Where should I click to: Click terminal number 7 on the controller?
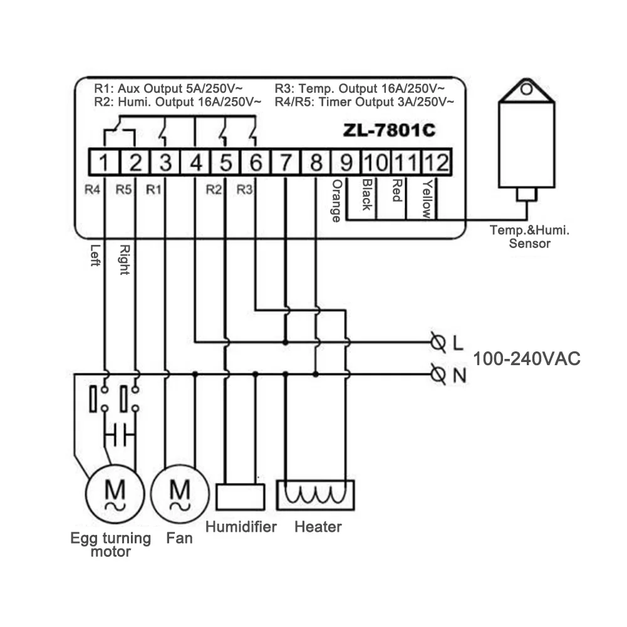coord(286,163)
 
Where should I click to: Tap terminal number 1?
coord(105,163)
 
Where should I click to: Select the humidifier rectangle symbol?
coord(239,496)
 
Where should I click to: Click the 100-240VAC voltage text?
coord(526,360)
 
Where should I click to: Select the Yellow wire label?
coord(427,199)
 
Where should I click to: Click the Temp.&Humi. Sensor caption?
coord(529,237)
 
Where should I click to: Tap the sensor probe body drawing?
coord(526,144)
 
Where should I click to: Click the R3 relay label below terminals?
coord(245,188)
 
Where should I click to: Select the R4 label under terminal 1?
coord(93,188)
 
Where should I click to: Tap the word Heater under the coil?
coord(318,527)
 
